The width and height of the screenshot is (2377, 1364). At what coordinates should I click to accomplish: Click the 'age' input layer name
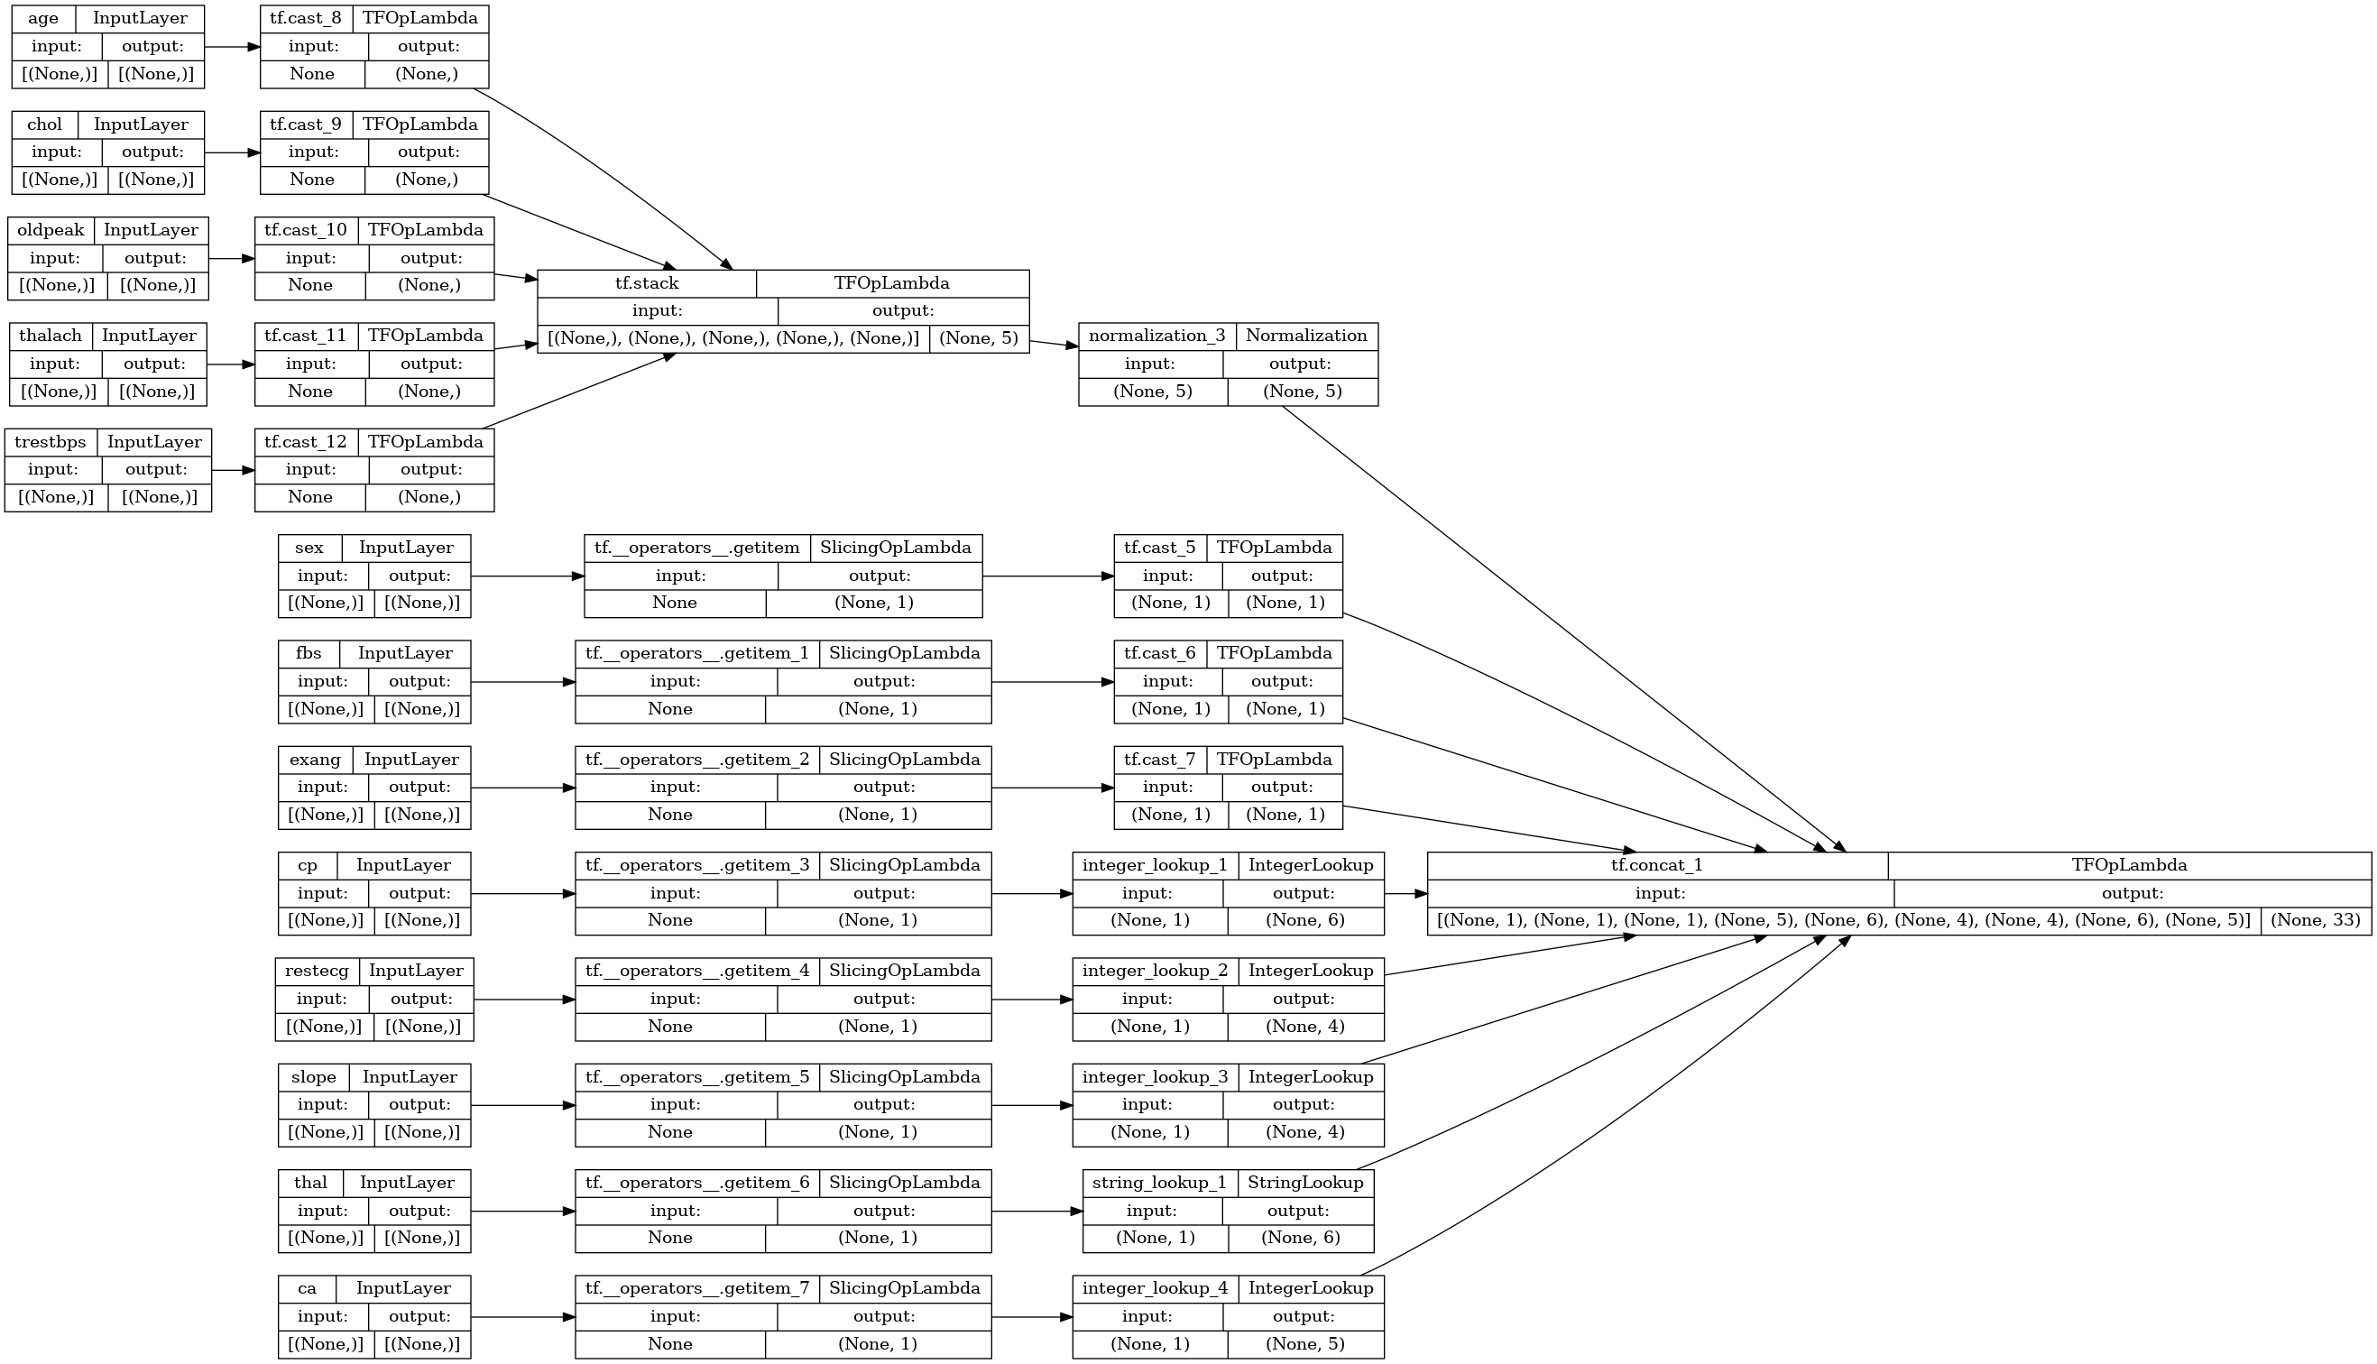[x=43, y=19]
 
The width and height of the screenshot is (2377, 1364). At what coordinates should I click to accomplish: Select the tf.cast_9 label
[x=305, y=124]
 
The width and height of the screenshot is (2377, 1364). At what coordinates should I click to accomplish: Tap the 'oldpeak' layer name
[x=51, y=230]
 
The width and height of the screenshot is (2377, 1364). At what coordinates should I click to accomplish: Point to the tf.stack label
[x=646, y=283]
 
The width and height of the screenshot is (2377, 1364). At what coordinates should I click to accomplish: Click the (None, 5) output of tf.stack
[x=979, y=338]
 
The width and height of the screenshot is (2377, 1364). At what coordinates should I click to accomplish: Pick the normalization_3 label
[x=1156, y=336]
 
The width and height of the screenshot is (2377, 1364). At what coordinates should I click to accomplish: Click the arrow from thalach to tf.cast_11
[x=230, y=364]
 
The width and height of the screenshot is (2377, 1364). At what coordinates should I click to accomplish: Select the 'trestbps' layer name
[x=51, y=442]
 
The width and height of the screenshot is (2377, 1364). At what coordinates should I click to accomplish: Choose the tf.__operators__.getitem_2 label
[x=696, y=760]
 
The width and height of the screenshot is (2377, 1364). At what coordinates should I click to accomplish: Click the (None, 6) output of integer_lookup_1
[x=1304, y=920]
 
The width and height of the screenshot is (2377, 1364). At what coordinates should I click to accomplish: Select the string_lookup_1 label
[x=1159, y=1183]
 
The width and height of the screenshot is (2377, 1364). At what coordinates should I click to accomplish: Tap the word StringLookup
[x=1305, y=1183]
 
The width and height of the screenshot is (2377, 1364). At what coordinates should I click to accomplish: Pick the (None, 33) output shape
[x=2315, y=920]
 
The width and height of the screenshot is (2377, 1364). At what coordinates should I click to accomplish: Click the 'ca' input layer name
[x=308, y=1288]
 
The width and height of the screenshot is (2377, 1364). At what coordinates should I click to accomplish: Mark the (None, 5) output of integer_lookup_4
[x=1304, y=1343]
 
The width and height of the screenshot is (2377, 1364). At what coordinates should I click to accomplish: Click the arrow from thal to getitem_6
[x=522, y=1212]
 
